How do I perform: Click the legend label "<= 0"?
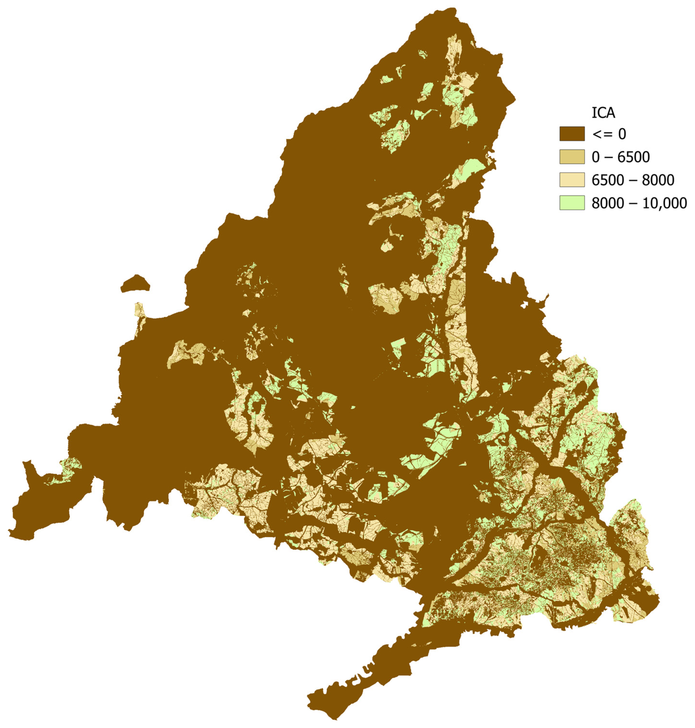click(609, 134)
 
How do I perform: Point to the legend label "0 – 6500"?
click(621, 157)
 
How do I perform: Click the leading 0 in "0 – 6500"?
click(596, 157)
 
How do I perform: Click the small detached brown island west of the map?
click(135, 283)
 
